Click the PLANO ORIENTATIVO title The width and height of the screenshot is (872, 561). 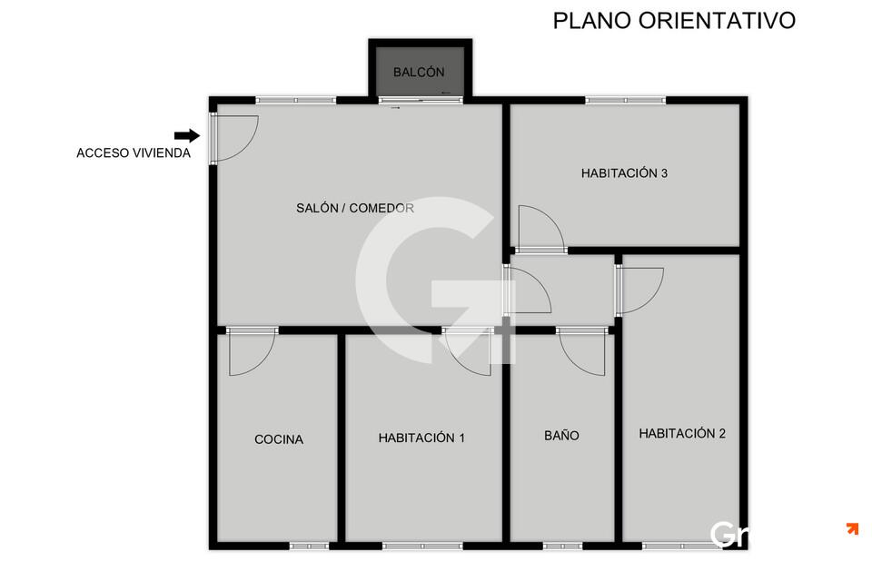[674, 21]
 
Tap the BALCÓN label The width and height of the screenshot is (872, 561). [419, 73]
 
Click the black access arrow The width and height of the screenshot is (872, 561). [187, 135]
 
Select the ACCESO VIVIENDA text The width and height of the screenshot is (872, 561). [134, 153]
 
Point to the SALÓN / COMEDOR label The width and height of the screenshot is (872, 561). [355, 208]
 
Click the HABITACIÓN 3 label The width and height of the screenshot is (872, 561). [624, 172]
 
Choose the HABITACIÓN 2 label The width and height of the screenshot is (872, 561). [682, 433]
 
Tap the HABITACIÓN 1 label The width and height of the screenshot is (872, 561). [421, 438]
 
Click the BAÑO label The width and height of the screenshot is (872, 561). [561, 436]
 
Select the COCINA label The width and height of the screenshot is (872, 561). [279, 439]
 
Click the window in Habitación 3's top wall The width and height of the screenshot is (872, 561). [625, 101]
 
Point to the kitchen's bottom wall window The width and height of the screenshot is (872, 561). [309, 546]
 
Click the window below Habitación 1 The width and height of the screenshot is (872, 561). [422, 546]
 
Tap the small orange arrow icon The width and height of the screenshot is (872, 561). [853, 528]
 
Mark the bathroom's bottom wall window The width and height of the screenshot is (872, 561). [562, 546]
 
